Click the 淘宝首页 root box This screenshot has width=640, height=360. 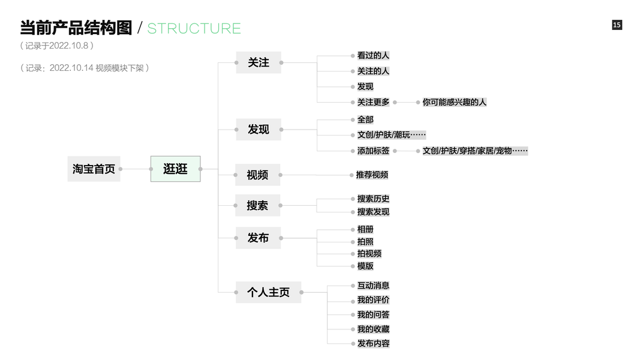(x=94, y=169)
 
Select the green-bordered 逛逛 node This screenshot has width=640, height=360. (x=175, y=169)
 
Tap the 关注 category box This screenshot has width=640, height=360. (x=259, y=62)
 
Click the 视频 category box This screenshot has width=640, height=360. (x=257, y=175)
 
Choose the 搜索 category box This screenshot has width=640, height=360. (x=257, y=205)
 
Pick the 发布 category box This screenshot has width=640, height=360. (x=258, y=238)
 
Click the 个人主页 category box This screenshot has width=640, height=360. (x=268, y=292)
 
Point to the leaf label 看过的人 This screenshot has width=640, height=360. (x=373, y=55)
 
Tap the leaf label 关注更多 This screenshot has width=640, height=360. (x=373, y=102)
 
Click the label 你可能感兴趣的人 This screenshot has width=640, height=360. (x=454, y=102)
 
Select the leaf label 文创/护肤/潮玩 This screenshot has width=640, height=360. (x=391, y=135)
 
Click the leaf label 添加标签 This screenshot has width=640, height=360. (x=373, y=151)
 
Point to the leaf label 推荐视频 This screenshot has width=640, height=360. (x=372, y=175)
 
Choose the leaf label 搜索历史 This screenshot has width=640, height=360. (x=373, y=199)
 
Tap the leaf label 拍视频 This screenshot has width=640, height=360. (x=369, y=253)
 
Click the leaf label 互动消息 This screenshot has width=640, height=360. (x=373, y=286)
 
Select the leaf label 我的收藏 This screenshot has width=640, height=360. (x=373, y=329)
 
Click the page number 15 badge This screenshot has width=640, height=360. (x=617, y=25)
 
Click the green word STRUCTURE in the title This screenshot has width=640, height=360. (x=194, y=28)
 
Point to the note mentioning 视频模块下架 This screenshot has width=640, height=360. (x=85, y=68)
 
